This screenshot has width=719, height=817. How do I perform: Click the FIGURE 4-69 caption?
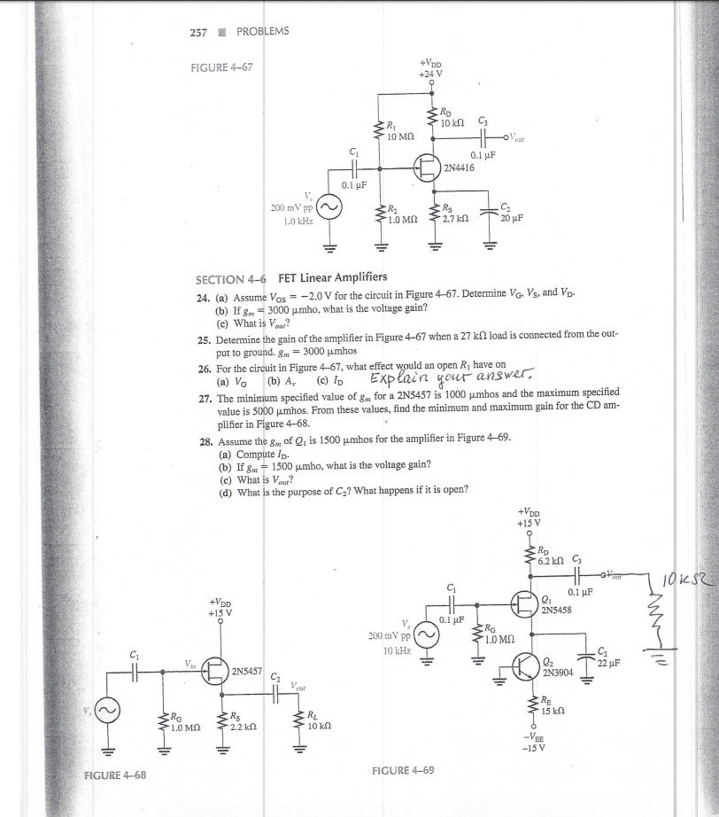(x=404, y=770)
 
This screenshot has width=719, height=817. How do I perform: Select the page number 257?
(x=199, y=32)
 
